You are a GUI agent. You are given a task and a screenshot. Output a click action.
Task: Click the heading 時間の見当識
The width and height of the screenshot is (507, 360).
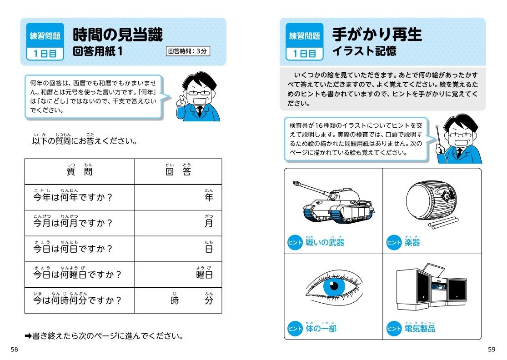[x=118, y=35]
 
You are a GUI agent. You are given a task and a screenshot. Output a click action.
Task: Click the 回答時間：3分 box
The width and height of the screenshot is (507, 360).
[x=187, y=51]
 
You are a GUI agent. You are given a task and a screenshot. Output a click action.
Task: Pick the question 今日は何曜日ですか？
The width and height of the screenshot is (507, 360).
[x=77, y=275]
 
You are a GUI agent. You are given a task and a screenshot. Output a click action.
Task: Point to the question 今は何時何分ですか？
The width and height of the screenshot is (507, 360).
[x=77, y=300]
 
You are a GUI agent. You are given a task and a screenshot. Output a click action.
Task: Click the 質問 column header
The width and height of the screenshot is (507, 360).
[x=79, y=171]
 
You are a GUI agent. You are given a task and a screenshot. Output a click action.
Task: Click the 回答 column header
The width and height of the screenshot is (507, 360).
[x=178, y=171]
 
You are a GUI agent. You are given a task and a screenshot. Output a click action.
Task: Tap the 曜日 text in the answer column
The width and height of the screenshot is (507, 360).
[x=204, y=275]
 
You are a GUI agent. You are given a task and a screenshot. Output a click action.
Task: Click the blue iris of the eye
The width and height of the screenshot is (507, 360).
[x=334, y=286]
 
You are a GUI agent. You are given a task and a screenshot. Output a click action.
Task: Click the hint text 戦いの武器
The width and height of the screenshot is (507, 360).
[x=325, y=242]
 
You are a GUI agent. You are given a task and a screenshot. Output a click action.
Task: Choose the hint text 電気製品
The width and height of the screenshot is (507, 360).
[x=420, y=328]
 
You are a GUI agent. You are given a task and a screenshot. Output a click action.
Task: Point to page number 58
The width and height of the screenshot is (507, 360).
[x=15, y=349]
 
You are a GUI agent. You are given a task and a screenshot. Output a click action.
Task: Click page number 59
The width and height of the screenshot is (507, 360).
[x=491, y=349]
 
